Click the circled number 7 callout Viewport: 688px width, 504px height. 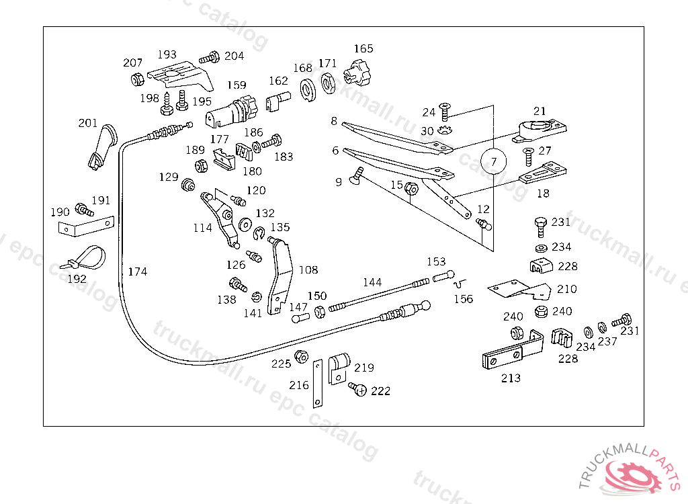pos(494,161)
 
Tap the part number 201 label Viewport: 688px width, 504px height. pos(88,123)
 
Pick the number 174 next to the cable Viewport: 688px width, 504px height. pos(137,271)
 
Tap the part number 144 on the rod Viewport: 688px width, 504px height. pos(372,282)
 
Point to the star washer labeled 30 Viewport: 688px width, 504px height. pos(445,129)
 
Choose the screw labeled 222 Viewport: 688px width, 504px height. pos(357,390)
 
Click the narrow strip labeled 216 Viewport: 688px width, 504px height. pos(316,384)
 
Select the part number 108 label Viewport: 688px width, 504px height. pos(308,270)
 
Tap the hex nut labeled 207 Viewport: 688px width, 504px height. pos(136,79)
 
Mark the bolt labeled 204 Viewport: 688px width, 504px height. pos(210,58)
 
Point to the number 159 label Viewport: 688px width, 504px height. pos(236,85)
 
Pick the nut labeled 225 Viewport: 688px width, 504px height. pos(302,356)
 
